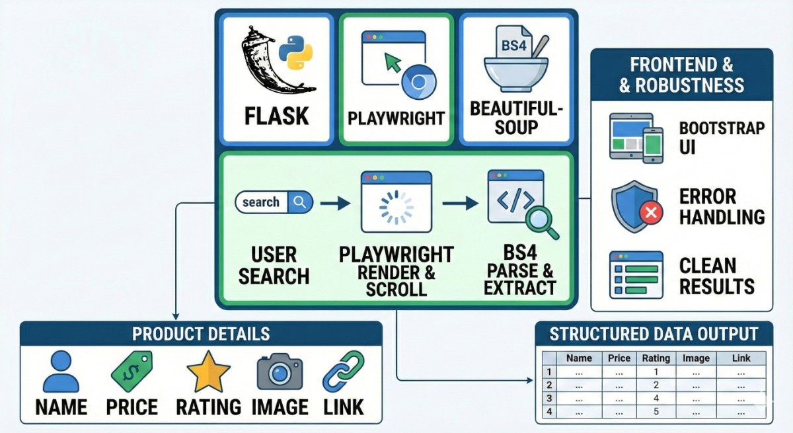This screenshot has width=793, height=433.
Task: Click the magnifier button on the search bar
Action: click(301, 202)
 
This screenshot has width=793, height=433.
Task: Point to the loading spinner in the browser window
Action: click(395, 207)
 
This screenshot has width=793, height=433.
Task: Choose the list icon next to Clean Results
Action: click(636, 276)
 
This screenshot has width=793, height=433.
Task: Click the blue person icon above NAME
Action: click(61, 372)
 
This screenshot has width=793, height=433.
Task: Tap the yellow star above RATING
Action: click(208, 372)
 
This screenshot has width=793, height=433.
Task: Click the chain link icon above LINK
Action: click(343, 371)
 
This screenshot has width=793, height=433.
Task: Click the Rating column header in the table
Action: click(656, 358)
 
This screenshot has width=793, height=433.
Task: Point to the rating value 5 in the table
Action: click(656, 412)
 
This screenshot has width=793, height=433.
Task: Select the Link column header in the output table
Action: click(741, 358)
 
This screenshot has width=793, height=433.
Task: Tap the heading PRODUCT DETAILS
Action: click(201, 333)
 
